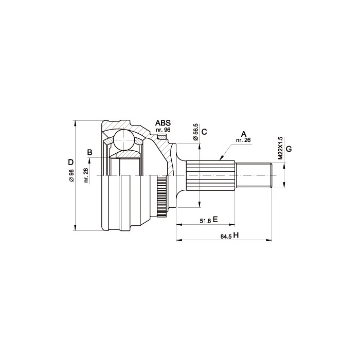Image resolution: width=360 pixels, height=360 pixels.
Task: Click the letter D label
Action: point(71,163)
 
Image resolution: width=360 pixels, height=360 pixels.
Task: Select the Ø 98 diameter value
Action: point(71,175)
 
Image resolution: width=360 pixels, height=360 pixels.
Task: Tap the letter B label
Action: point(90,152)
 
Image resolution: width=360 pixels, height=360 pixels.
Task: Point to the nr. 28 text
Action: point(86,175)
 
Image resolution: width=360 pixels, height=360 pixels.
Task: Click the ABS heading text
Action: point(163,123)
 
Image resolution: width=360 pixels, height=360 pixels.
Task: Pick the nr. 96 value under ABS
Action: point(163,130)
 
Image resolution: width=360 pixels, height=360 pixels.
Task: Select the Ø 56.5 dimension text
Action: point(195,132)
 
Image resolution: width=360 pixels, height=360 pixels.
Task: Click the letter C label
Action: point(204,132)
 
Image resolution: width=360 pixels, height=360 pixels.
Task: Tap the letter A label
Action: point(244,134)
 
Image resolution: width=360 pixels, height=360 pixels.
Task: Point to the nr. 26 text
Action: point(243,140)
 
